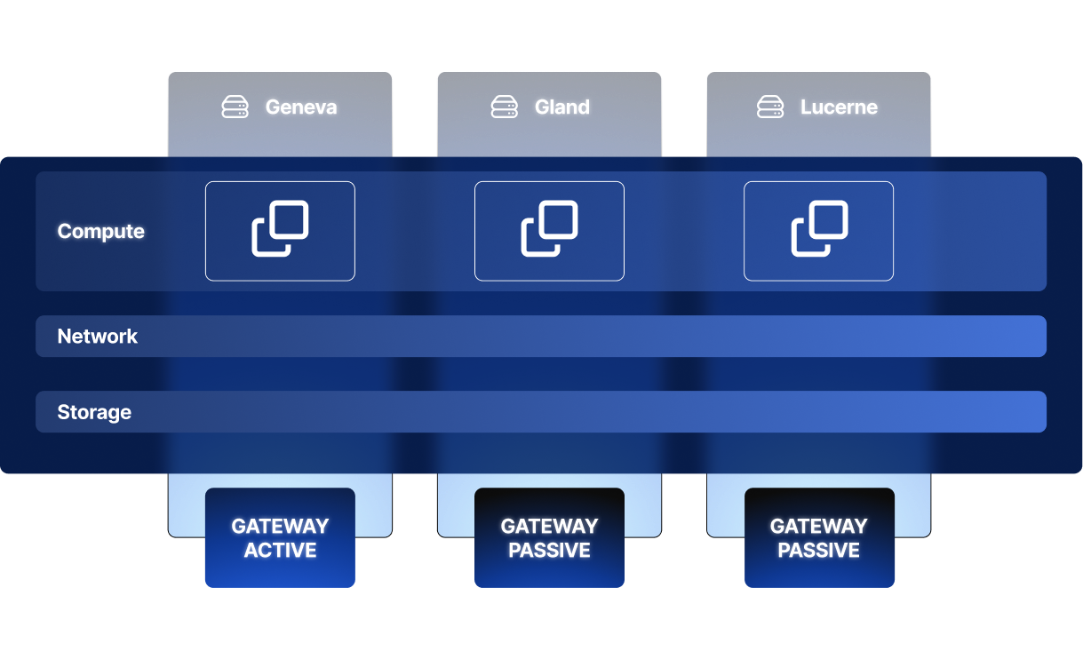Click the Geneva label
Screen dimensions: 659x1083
click(301, 107)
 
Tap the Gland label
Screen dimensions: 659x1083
click(562, 107)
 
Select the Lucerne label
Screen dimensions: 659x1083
click(839, 107)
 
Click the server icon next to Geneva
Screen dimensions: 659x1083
click(235, 107)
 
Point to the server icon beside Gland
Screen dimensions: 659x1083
click(505, 107)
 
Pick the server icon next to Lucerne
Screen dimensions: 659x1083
click(770, 107)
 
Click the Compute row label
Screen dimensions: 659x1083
click(100, 231)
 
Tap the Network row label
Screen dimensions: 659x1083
click(98, 337)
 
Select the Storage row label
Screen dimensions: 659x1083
click(94, 412)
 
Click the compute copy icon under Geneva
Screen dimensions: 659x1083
click(280, 229)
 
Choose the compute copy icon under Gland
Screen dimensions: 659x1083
click(549, 229)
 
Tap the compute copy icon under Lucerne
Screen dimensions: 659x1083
click(819, 229)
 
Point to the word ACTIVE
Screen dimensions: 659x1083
click(280, 551)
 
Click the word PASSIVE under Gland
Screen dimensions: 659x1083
click(549, 551)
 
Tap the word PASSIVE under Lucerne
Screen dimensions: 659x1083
click(819, 551)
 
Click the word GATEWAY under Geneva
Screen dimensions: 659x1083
click(280, 526)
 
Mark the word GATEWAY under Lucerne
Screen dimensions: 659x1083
click(819, 526)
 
